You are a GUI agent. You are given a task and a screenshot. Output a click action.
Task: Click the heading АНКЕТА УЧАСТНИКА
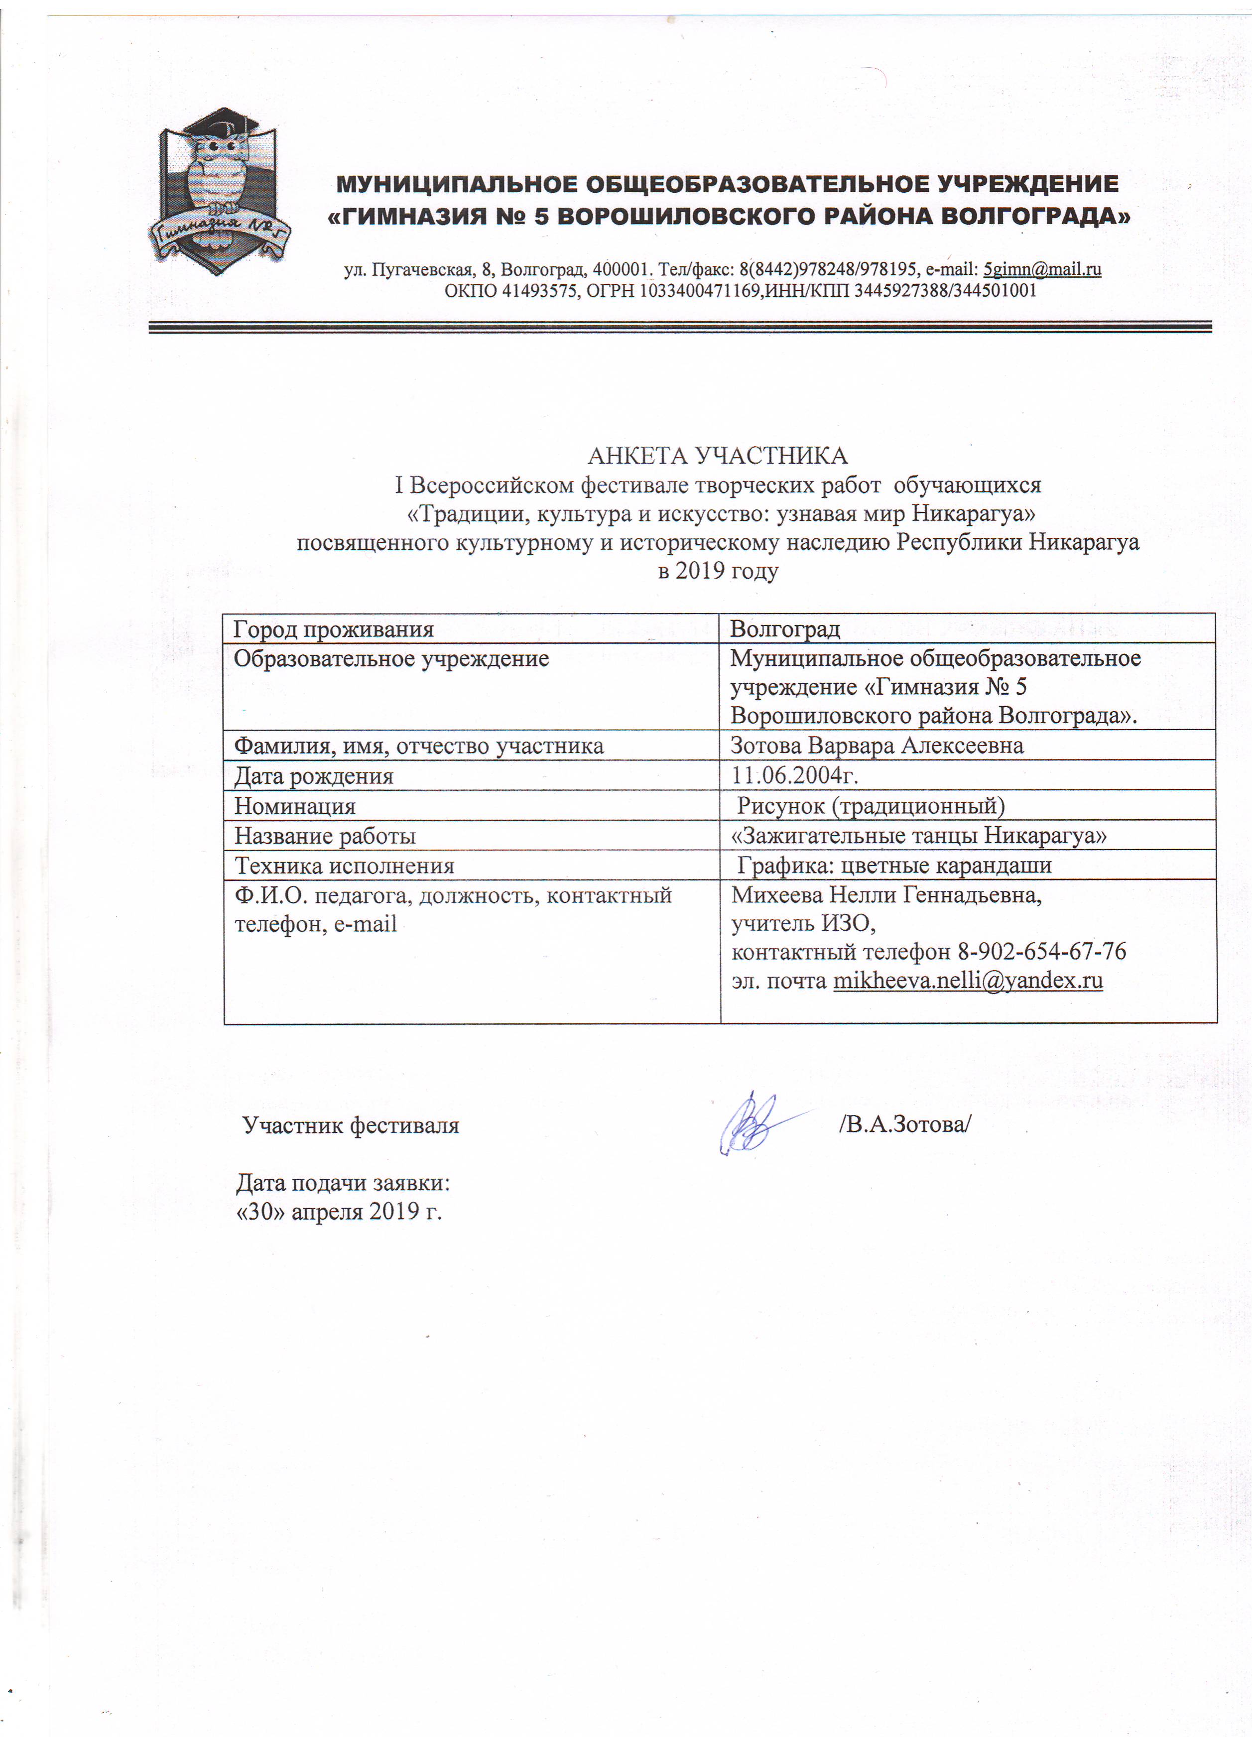pyautogui.click(x=718, y=457)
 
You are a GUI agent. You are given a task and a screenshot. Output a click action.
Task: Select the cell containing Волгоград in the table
pyautogui.click(x=785, y=629)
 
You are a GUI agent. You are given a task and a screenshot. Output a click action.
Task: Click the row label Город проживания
pyautogui.click(x=333, y=629)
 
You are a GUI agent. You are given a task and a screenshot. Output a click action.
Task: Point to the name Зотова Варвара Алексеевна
pyautogui.click(x=877, y=746)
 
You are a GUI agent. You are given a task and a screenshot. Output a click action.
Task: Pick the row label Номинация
pyautogui.click(x=295, y=806)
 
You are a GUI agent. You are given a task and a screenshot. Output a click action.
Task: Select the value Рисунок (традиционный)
pyautogui.click(x=871, y=806)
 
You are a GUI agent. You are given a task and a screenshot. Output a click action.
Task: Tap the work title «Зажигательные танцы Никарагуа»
pyautogui.click(x=919, y=836)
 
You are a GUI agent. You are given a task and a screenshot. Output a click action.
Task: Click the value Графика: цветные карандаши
pyautogui.click(x=893, y=866)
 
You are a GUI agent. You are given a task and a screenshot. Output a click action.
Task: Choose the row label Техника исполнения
pyautogui.click(x=344, y=866)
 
